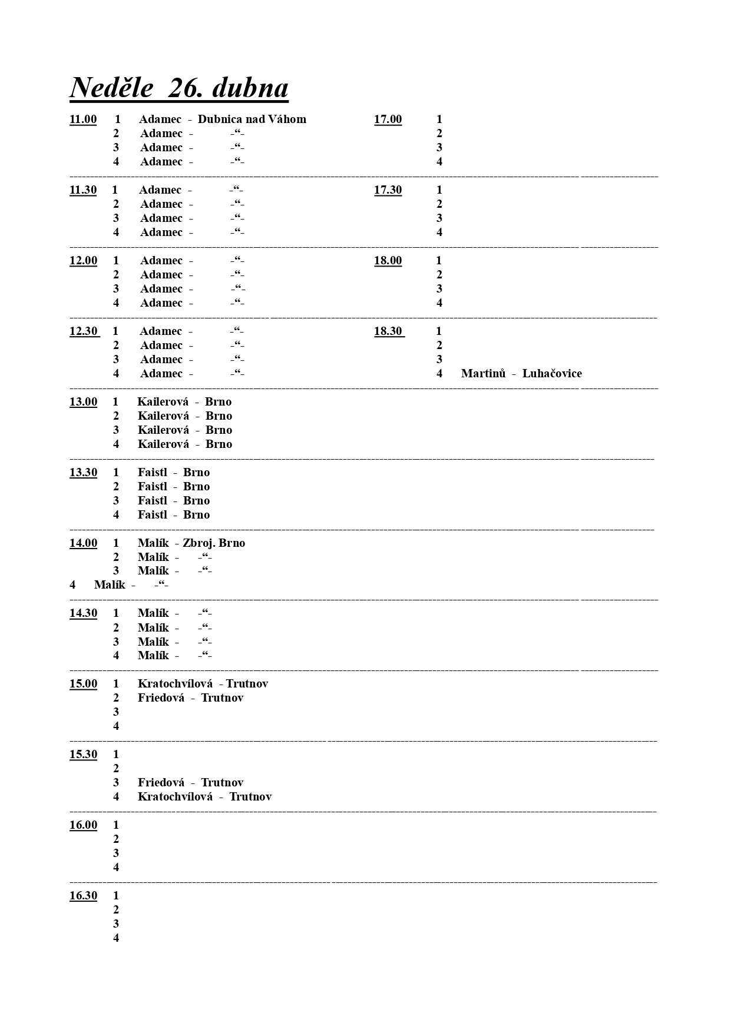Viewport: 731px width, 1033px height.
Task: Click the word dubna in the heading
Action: [x=250, y=88]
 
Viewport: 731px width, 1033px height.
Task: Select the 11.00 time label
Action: [x=83, y=119]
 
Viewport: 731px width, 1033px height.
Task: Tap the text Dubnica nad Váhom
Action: [x=252, y=119]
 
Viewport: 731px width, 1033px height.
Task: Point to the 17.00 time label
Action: [x=388, y=119]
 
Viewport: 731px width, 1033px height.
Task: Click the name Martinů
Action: [x=483, y=374]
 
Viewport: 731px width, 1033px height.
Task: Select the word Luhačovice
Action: [x=552, y=374]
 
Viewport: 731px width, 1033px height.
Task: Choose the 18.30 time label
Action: [x=388, y=331]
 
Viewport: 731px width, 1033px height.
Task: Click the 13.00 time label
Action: [x=83, y=402]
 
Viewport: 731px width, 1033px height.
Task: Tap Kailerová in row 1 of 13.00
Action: [x=163, y=402]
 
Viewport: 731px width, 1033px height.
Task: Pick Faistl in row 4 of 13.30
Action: [x=153, y=515]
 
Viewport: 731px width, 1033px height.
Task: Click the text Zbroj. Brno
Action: [x=214, y=543]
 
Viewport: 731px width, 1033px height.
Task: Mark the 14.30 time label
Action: [x=83, y=613]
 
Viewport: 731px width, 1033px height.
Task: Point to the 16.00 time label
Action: [x=83, y=825]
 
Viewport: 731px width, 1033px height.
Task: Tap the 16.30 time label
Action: [x=83, y=896]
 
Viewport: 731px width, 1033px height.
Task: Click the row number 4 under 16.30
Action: [x=116, y=938]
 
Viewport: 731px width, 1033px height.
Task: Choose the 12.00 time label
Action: [x=83, y=261]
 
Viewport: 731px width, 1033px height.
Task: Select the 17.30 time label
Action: [x=388, y=190]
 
